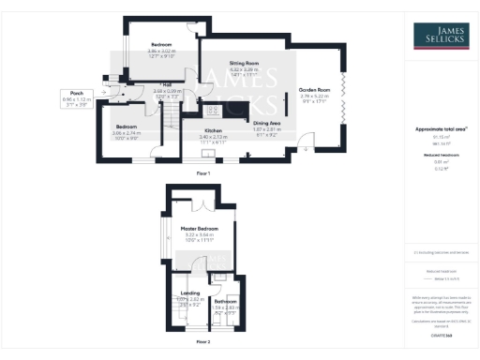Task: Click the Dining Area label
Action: [269, 123]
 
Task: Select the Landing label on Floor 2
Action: [189, 292]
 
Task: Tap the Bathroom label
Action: [226, 300]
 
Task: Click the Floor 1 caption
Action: [202, 174]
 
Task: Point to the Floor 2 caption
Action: [202, 344]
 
